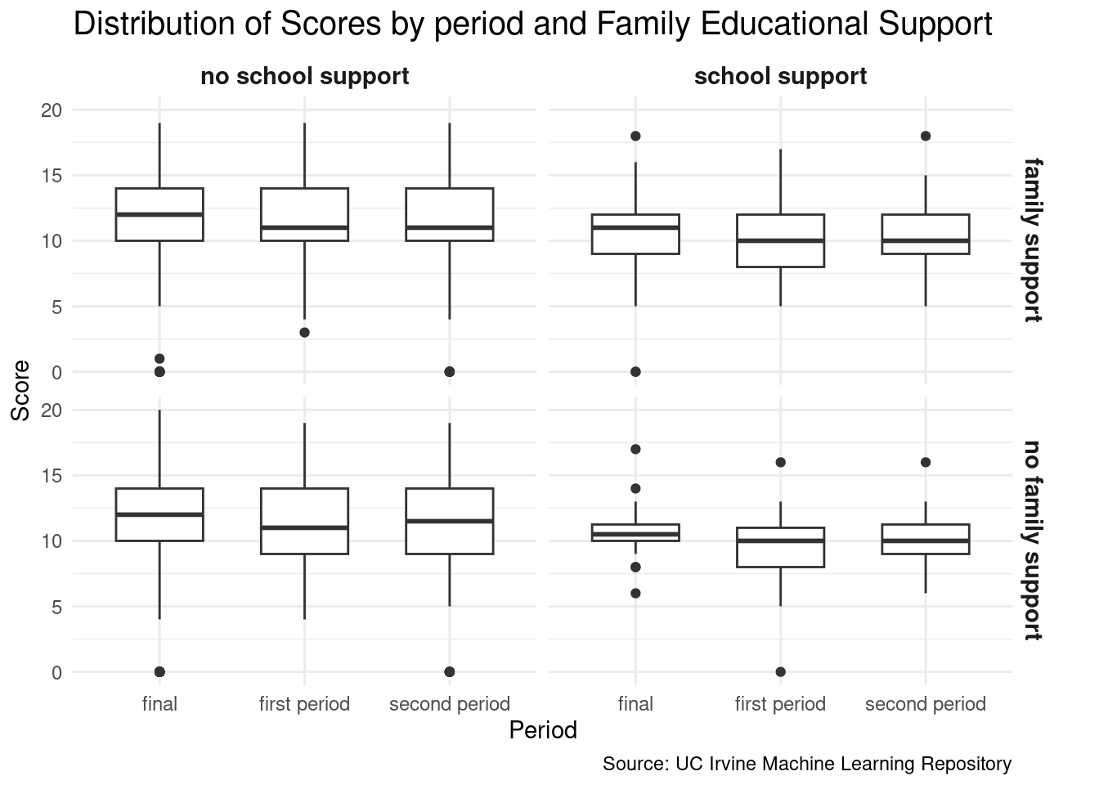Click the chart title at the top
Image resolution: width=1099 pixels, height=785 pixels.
point(532,25)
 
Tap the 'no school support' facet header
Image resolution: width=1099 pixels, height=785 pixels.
point(304,77)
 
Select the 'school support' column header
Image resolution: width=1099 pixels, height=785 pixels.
point(780,77)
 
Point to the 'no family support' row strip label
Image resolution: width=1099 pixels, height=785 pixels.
point(1033,541)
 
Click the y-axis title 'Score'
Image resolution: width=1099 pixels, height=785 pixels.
point(21,391)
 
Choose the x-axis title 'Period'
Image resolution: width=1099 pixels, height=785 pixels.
point(543,730)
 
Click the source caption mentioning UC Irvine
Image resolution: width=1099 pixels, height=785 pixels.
point(806,765)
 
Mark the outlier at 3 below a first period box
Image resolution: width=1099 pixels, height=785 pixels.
point(304,333)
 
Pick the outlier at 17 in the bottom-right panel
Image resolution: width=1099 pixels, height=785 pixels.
point(635,449)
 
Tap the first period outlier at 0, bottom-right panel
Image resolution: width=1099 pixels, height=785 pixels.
point(780,672)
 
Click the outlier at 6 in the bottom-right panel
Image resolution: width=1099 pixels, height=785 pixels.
point(635,593)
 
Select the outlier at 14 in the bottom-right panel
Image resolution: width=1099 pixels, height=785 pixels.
point(635,488)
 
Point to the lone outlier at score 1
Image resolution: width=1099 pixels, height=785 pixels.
point(159,359)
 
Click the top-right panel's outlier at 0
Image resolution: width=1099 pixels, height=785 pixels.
point(635,372)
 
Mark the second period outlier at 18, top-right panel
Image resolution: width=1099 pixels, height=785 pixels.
point(926,136)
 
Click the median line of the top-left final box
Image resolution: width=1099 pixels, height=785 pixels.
point(159,214)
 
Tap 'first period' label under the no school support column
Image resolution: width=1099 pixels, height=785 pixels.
point(304,704)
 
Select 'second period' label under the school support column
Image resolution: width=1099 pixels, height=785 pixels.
point(926,704)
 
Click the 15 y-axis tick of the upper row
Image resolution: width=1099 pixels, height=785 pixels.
point(52,176)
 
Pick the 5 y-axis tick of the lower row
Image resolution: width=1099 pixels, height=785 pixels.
point(56,607)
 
